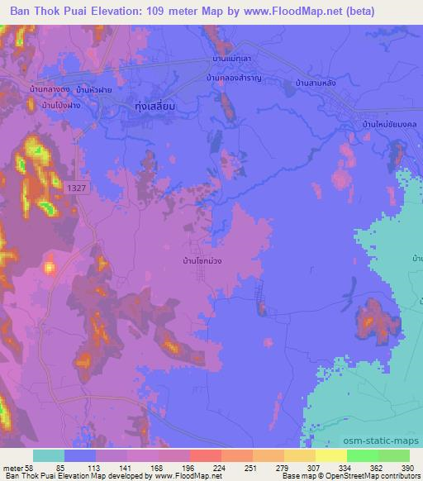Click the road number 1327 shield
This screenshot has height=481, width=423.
pyautogui.click(x=74, y=189)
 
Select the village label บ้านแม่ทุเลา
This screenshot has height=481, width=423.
pyautogui.click(x=232, y=60)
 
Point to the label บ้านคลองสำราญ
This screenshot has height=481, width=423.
pyautogui.click(x=233, y=78)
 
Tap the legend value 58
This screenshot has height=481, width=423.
pyautogui.click(x=31, y=468)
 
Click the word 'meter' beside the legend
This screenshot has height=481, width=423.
pyautogui.click(x=12, y=468)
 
